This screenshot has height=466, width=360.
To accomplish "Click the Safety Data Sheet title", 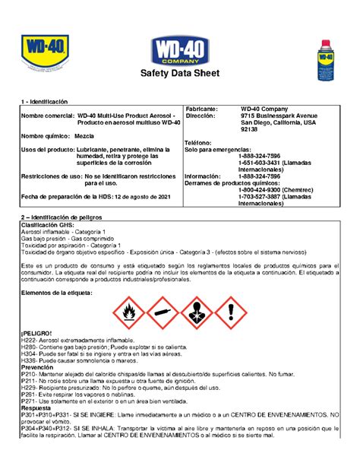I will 179,74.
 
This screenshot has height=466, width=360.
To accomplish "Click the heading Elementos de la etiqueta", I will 56,292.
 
